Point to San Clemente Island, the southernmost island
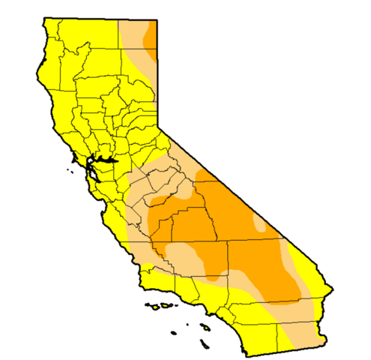click(203, 343)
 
